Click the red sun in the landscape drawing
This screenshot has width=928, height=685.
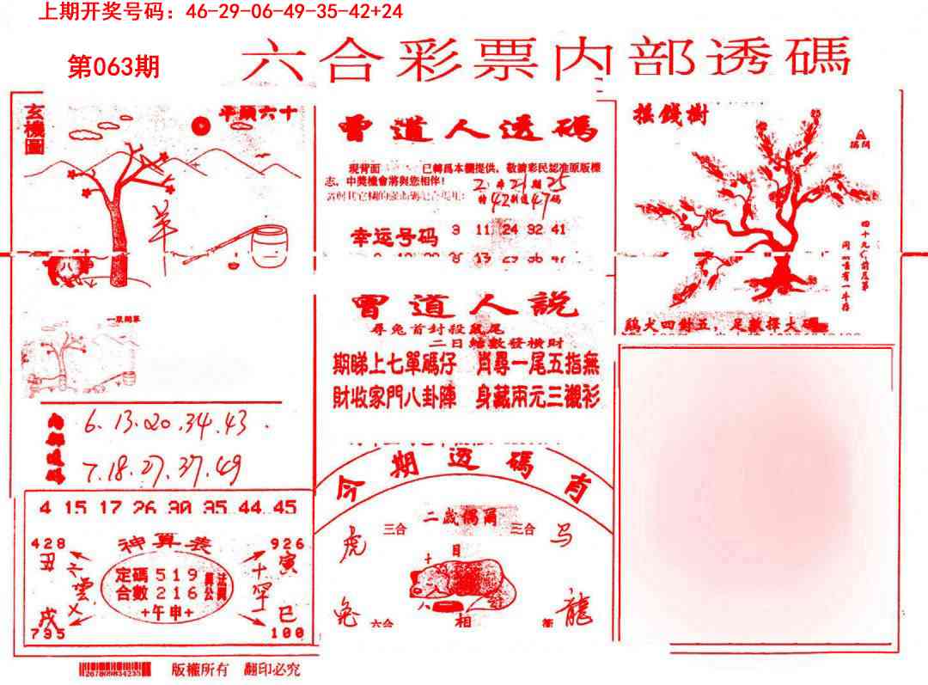pos(202,126)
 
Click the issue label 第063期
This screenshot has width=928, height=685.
pos(113,67)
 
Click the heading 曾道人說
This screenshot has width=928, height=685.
pos(465,307)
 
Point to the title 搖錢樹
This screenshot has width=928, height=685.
pos(669,114)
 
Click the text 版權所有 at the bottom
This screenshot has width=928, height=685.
pos(199,669)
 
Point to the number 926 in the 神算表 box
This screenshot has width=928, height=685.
pos(286,543)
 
